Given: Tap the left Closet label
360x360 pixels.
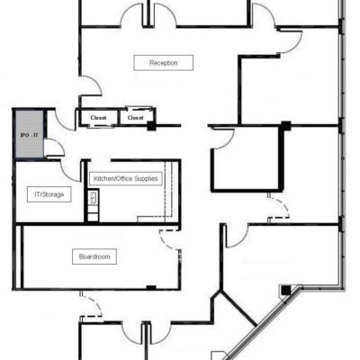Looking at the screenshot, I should (97, 117).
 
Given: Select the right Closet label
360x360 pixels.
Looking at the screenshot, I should (135, 117).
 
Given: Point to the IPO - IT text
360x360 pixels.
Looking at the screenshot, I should (27, 135).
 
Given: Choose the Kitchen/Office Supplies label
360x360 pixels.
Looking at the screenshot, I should (126, 179).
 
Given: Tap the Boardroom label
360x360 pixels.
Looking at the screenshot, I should (94, 256).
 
